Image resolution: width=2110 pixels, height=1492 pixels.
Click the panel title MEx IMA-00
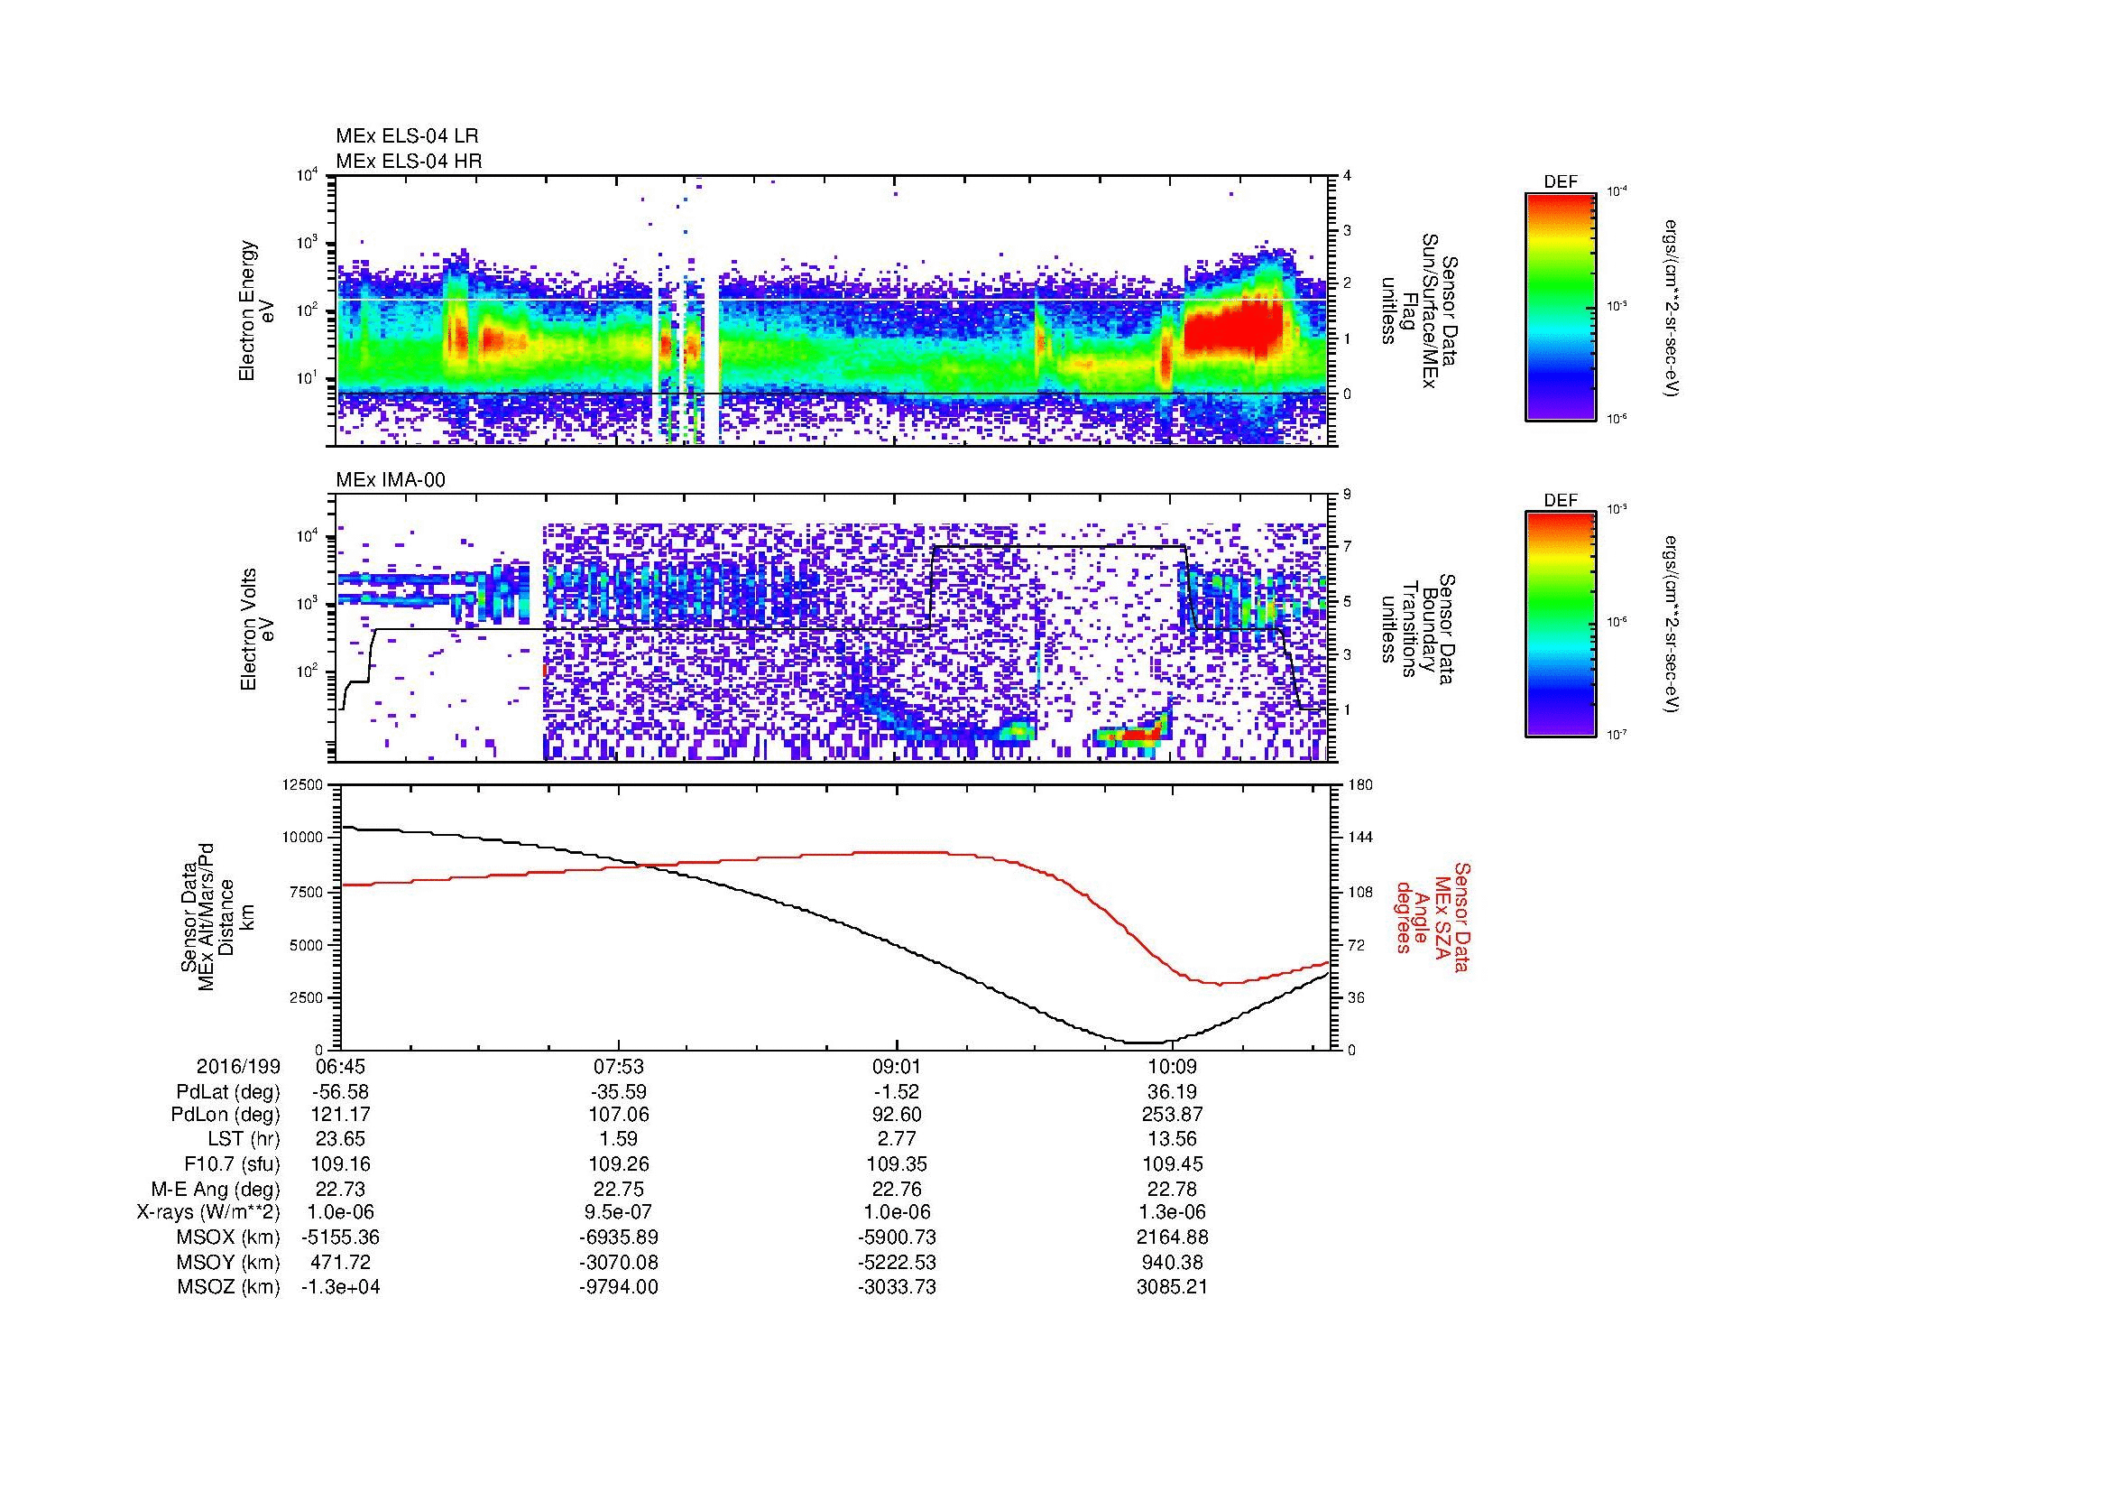tap(390, 479)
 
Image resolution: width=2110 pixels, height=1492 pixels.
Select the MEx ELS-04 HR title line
tap(408, 161)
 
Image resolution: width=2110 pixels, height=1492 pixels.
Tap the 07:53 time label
tap(619, 1067)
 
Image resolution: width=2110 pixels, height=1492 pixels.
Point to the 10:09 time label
tap(1172, 1067)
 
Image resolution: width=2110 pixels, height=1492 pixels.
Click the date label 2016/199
tap(238, 1067)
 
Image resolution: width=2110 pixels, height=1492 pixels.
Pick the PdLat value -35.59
tap(619, 1092)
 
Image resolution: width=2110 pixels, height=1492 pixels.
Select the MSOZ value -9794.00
tap(619, 1287)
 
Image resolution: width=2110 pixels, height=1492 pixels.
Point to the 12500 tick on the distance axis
tap(304, 785)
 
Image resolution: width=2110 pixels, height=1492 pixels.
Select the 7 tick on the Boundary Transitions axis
tap(1347, 547)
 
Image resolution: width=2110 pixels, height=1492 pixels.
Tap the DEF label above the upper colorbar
tap(1561, 182)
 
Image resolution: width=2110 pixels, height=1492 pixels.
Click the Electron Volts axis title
tap(248, 630)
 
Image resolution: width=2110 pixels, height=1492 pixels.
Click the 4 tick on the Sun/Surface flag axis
tap(1346, 177)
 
